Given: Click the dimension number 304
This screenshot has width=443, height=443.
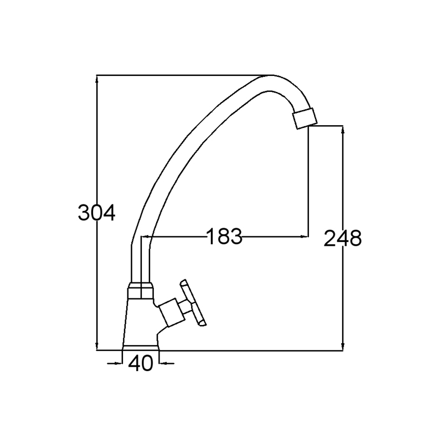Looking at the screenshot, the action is point(96,213).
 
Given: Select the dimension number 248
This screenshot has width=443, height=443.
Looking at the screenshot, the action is point(342,238).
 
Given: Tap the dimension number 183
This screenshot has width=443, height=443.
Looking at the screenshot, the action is point(225,236).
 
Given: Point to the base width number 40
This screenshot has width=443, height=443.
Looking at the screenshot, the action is point(141,363).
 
